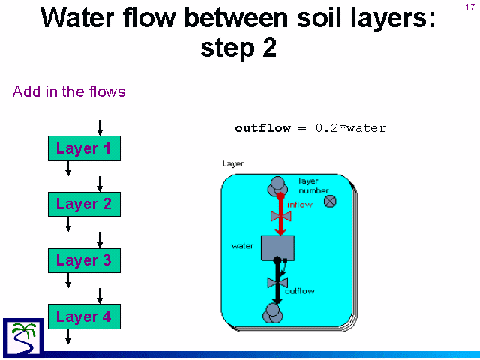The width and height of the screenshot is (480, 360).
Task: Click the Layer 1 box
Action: (84, 148)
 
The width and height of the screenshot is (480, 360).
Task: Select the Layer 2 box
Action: (84, 204)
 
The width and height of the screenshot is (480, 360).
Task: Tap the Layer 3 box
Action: (84, 260)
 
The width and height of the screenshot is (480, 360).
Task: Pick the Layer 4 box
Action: (84, 316)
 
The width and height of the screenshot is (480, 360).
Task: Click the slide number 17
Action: (470, 7)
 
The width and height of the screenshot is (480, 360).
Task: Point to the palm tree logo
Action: (23, 337)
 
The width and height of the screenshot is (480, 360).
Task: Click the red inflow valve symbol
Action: (280, 216)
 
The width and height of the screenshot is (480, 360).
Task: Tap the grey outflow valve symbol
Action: (277, 283)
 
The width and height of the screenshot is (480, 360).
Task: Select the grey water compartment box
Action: (277, 248)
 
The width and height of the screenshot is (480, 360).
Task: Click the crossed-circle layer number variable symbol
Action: (330, 202)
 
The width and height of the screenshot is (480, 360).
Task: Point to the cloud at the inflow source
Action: (277, 187)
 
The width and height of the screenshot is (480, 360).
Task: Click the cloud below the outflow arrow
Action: (273, 313)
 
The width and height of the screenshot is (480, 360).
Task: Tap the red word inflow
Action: (300, 205)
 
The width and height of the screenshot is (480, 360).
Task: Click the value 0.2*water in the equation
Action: (351, 128)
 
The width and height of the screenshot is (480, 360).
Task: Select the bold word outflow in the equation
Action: (263, 128)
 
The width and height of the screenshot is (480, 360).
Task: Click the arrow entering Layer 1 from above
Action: (100, 127)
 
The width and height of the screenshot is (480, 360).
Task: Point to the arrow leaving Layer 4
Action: (68, 337)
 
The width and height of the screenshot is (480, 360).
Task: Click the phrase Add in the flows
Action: (69, 91)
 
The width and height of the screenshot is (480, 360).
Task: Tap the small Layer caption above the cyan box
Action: (233, 164)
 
